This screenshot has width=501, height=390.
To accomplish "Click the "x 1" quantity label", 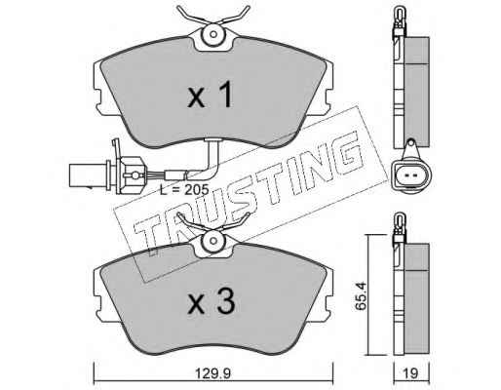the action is click(x=211, y=95).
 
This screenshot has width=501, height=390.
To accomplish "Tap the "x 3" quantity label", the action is click(x=211, y=301).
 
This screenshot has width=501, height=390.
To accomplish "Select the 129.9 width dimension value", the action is click(x=213, y=373).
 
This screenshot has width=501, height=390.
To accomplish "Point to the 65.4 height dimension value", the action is click(x=361, y=296).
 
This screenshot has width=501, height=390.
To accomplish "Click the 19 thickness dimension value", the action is click(x=411, y=373).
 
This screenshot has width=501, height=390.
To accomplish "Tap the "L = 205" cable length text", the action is click(x=184, y=190).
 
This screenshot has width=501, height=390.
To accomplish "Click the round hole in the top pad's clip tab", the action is click(x=213, y=34).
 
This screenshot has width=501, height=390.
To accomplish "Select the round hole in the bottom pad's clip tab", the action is click(x=213, y=241).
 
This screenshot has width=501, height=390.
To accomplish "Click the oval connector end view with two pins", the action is click(x=411, y=175).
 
